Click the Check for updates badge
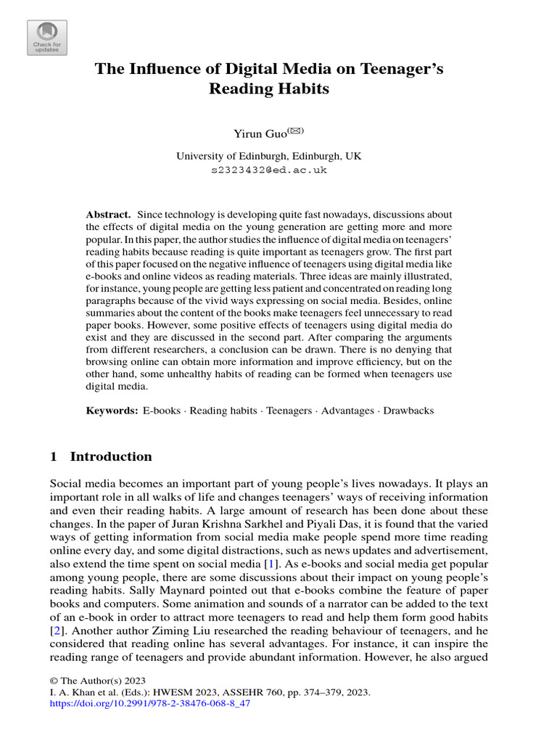[47, 38]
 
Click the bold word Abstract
[108, 215]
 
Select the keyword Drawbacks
[408, 411]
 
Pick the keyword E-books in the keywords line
[161, 411]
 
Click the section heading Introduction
[111, 456]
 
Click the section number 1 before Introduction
[54, 456]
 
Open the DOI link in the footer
[150, 704]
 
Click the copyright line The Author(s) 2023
[98, 681]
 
